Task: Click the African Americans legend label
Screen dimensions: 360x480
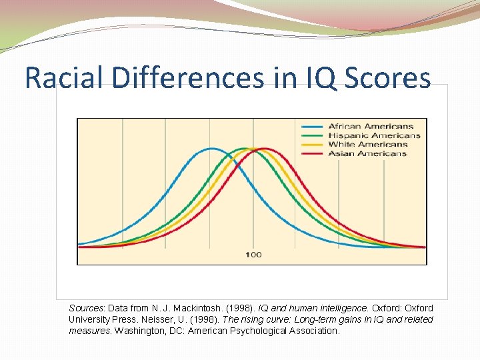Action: tap(371, 126)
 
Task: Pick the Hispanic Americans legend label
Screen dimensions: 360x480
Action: tap(374, 135)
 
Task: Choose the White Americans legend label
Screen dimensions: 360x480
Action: tap(367, 144)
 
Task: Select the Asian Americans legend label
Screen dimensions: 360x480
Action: tap(367, 153)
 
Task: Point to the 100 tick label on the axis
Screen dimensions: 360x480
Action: tap(253, 255)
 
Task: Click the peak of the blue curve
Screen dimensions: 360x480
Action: tap(211, 149)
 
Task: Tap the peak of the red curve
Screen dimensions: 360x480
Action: tap(265, 149)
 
